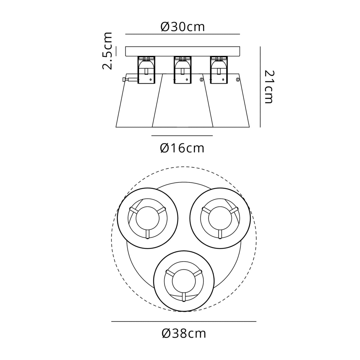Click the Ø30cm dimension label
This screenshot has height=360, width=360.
[182, 27]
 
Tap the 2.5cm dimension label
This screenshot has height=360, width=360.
[107, 51]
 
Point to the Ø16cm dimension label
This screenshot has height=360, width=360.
[182, 148]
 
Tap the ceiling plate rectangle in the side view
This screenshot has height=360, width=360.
[182, 51]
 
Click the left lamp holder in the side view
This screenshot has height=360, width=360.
[146, 70]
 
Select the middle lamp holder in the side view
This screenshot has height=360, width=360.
[182, 70]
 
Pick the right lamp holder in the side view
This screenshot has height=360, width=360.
[219, 70]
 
